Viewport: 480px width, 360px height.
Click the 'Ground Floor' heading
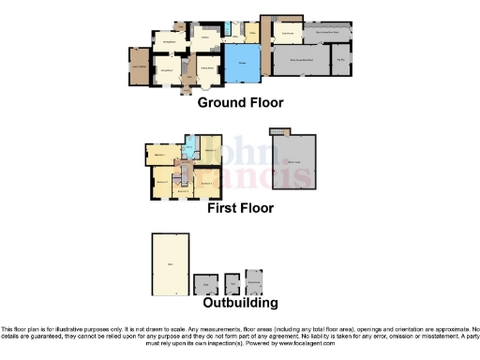click(240, 103)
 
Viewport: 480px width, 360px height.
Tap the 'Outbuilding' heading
click(240, 303)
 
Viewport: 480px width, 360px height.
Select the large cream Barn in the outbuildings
click(171, 263)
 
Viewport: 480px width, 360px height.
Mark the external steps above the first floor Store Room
click(276, 133)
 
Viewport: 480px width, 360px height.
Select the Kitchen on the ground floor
click(203, 38)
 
